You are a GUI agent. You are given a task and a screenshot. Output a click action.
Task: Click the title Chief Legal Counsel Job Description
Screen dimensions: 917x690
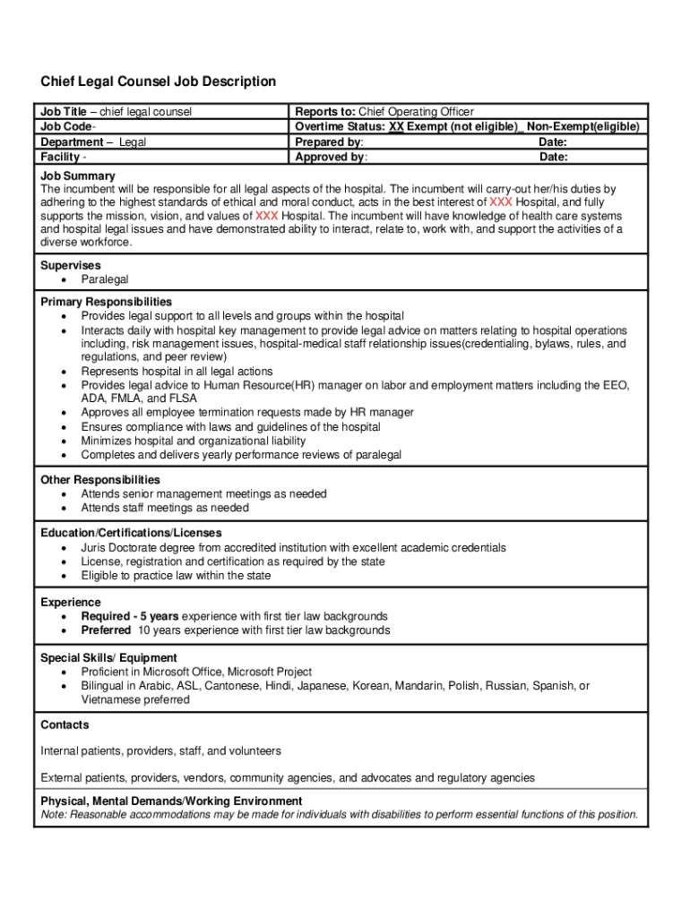click(x=158, y=81)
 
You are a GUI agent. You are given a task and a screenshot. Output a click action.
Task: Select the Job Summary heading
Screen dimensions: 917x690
click(x=78, y=176)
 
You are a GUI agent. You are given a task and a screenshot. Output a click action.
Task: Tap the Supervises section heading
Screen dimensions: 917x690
click(x=71, y=265)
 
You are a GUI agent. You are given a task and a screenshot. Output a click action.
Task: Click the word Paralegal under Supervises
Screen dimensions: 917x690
click(x=105, y=279)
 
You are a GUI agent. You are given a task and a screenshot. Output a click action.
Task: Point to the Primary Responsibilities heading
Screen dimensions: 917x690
click(x=107, y=302)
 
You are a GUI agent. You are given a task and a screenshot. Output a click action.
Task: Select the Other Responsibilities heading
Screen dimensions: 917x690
click(x=100, y=480)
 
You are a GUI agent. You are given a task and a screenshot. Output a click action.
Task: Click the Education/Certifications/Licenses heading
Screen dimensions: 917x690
click(x=131, y=533)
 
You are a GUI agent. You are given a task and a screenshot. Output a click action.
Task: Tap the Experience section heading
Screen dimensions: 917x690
click(x=71, y=603)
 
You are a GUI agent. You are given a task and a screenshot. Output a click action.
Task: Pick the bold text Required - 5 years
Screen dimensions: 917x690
click(x=130, y=616)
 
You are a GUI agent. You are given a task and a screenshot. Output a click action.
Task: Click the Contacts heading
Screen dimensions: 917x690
click(x=65, y=724)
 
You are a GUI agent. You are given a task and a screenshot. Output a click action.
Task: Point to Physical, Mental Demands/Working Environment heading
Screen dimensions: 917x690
click(x=171, y=801)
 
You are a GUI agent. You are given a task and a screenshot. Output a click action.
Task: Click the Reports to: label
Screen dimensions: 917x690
click(x=325, y=112)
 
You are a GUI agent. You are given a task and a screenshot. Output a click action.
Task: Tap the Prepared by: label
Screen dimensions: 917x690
click(x=329, y=142)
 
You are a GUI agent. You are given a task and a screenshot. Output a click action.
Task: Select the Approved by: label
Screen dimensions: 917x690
click(x=331, y=158)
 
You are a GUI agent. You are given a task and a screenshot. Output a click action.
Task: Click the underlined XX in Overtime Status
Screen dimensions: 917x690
click(x=396, y=127)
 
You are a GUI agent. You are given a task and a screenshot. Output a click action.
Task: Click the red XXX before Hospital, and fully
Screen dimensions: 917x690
click(x=501, y=202)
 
